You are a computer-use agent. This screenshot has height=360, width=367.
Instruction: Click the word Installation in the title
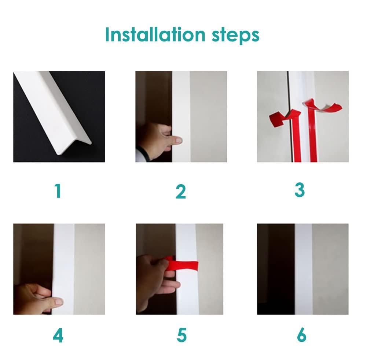pyautogui.click(x=151, y=34)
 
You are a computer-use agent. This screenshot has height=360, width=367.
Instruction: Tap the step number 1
pyautogui.click(x=58, y=191)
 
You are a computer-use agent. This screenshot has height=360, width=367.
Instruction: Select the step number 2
pyautogui.click(x=181, y=192)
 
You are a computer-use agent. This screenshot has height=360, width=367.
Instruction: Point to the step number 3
pyautogui.click(x=299, y=190)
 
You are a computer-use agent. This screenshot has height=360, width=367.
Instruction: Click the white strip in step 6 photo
pyautogui.click(x=304, y=269)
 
